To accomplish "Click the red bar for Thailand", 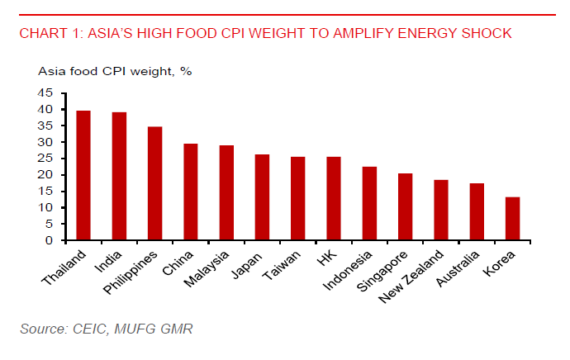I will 83,175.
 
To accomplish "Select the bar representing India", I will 119,176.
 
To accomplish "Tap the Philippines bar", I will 154,183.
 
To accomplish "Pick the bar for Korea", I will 512,219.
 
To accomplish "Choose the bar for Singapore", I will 405,206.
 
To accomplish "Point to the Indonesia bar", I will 369,203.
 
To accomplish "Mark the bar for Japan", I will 262,197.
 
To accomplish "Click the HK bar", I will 334,198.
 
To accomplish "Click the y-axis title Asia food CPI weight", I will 115,72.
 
